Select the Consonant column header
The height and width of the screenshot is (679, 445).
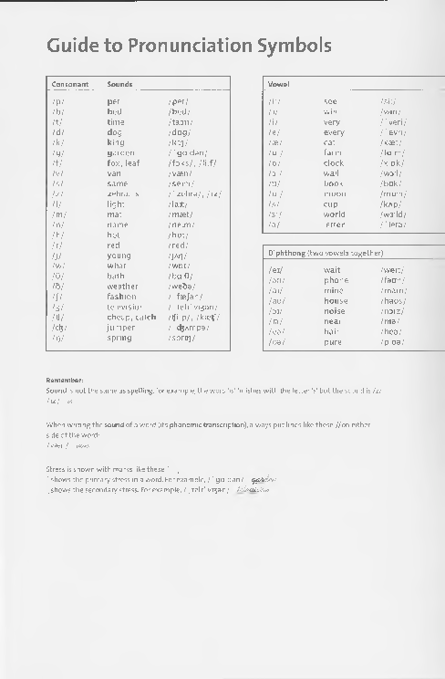coord(70,84)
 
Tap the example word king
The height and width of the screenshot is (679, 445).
coord(115,142)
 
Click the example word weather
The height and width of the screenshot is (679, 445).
coord(123,286)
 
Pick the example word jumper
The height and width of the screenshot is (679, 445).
coord(120,327)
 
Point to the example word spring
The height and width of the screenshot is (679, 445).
coord(119,338)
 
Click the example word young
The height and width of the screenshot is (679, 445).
coord(119,256)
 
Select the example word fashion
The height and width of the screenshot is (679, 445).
coord(121,297)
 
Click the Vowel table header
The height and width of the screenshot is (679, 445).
coord(278,84)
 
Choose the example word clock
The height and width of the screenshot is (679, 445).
coord(334,162)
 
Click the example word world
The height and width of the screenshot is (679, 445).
coord(335,214)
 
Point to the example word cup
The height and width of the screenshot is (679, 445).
coord(330,204)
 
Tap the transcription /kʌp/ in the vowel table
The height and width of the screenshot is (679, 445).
coord(392,204)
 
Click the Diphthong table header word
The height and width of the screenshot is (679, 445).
coord(285,252)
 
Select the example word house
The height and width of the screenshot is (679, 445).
coord(336,300)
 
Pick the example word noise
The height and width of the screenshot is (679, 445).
coord(335,310)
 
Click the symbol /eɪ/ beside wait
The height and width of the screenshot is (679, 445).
coord(275,270)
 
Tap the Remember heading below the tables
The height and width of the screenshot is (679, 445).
coord(65,380)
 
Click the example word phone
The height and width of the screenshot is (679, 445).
coord(336,280)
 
